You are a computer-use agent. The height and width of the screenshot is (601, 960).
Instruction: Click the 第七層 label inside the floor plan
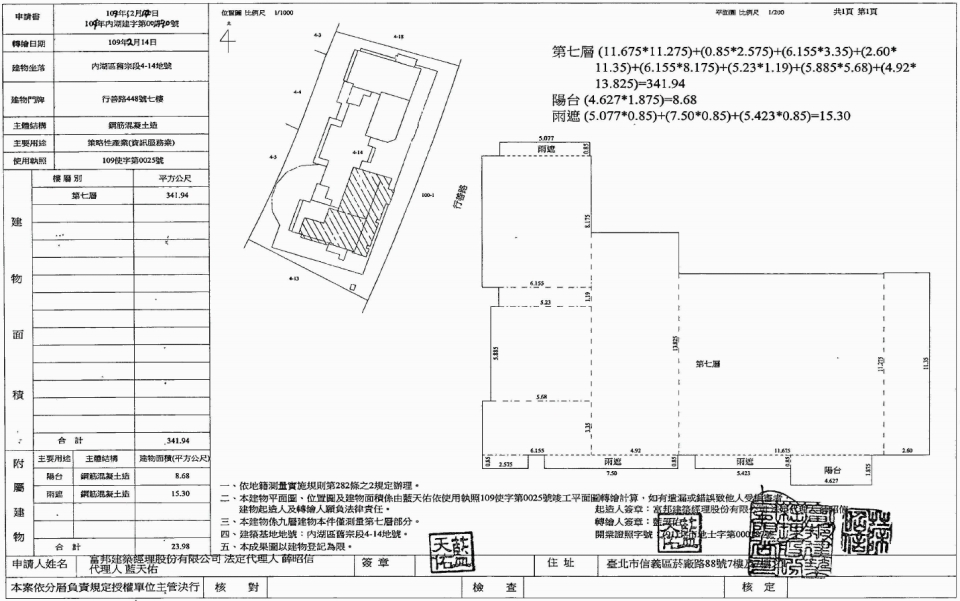[709, 363]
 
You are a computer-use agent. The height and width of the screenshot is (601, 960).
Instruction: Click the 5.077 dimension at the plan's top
[546, 139]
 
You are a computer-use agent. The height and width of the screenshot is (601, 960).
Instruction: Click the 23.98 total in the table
[179, 546]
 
